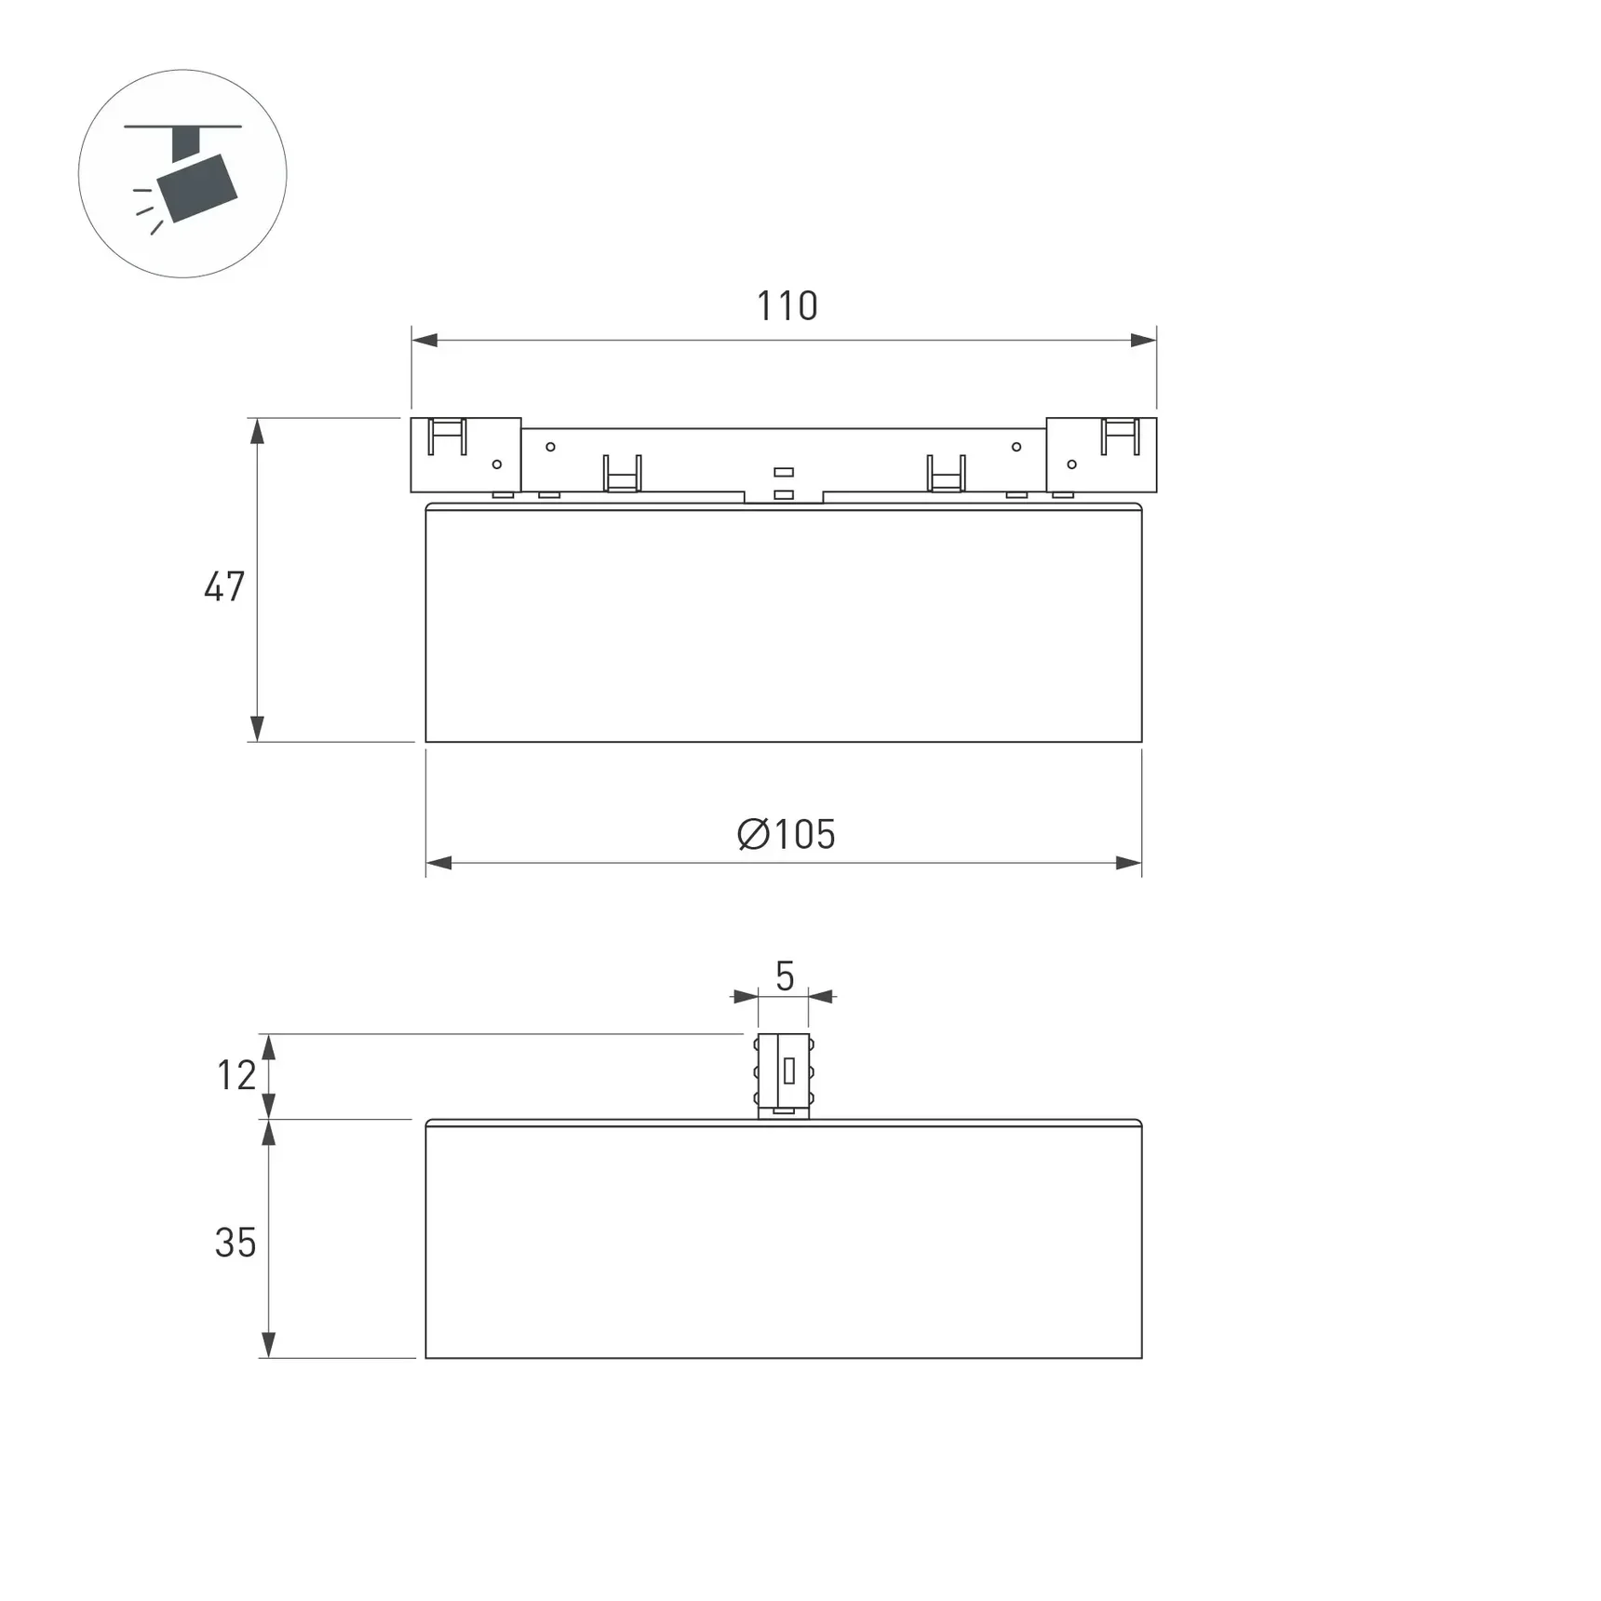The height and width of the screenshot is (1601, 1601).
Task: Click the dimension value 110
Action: [x=787, y=306]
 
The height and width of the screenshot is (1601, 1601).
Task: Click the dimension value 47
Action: [x=224, y=587]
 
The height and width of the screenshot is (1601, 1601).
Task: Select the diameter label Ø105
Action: [x=787, y=835]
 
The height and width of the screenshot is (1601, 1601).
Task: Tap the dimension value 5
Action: [x=785, y=976]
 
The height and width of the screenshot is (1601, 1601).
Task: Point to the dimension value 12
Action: [x=236, y=1076]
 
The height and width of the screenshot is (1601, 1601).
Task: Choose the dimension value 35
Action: [x=235, y=1243]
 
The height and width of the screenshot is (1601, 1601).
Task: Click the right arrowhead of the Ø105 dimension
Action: [x=1128, y=863]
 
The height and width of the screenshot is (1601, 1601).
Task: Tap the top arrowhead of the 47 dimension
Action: [x=258, y=430]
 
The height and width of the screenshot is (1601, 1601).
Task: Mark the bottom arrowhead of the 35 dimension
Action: [x=268, y=1345]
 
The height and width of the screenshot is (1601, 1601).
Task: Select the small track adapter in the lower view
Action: [x=783, y=1075]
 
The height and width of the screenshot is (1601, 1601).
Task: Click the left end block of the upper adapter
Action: [x=465, y=455]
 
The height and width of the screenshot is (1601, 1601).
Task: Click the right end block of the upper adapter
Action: [x=1101, y=455]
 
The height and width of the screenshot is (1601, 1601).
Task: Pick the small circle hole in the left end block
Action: [x=497, y=464]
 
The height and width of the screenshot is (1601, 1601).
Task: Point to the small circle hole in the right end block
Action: [x=1071, y=464]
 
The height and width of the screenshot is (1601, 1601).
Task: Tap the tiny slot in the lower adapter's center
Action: [x=789, y=1071]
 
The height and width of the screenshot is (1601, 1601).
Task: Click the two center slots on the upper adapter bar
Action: [x=784, y=483]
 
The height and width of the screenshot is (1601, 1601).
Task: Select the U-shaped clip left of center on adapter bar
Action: [x=622, y=473]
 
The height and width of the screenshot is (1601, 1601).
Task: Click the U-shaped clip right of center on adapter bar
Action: [x=946, y=473]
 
